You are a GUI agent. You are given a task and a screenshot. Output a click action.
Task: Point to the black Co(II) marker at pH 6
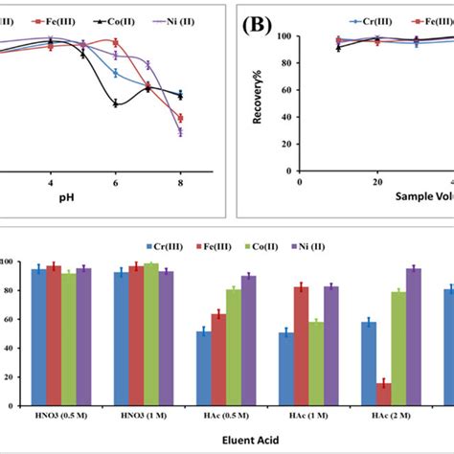(x=116, y=103)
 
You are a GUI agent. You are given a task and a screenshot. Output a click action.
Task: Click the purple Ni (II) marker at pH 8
(x=180, y=132)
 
